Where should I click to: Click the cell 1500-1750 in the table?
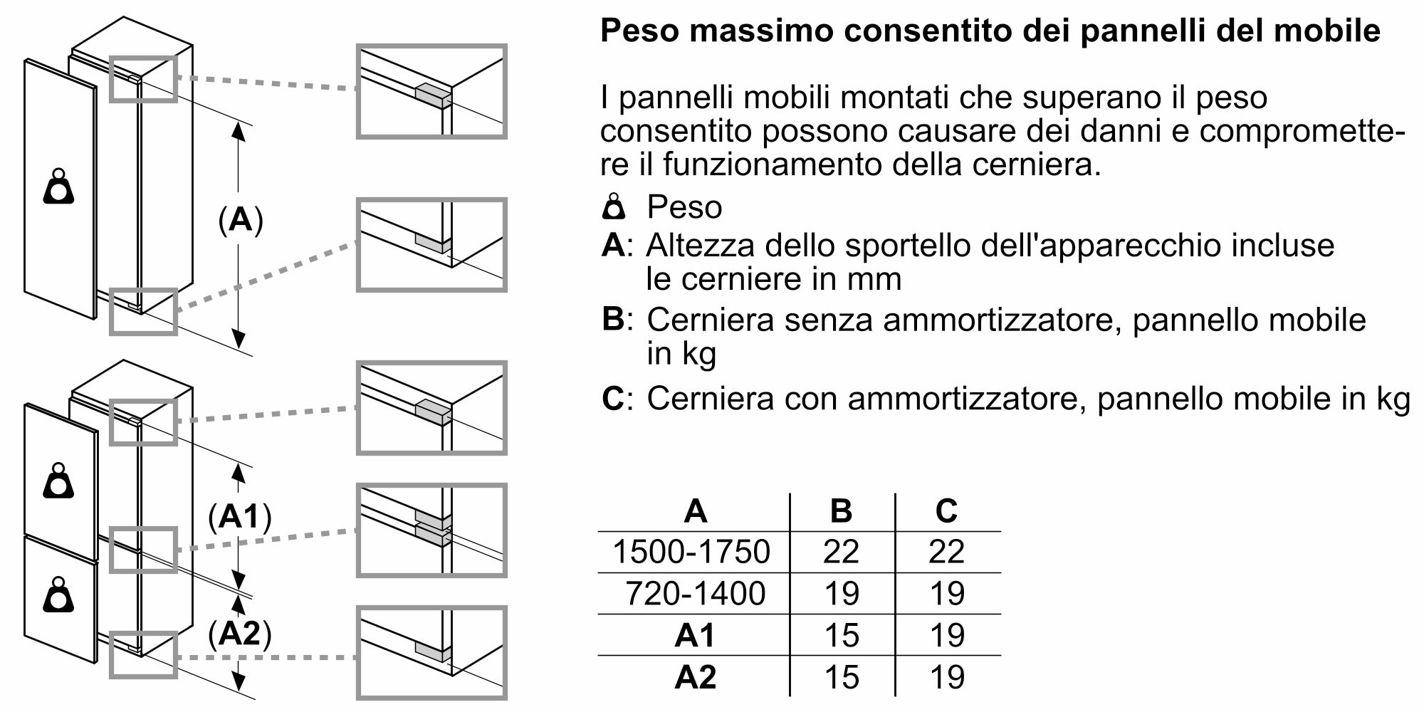pos(691,552)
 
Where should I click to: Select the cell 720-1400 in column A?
pos(695,593)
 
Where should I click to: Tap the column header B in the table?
pos(842,511)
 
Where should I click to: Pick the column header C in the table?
pos(946,511)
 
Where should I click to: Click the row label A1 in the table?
pos(695,635)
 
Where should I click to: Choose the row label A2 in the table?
pos(695,676)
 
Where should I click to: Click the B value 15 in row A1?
pos(842,635)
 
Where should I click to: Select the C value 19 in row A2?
pos(947,676)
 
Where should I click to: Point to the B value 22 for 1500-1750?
pos(842,552)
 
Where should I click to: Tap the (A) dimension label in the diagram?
pos(241,220)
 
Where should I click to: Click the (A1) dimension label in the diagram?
pos(240,517)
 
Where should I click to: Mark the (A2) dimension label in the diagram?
pos(240,633)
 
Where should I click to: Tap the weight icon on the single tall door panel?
pos(59,187)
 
